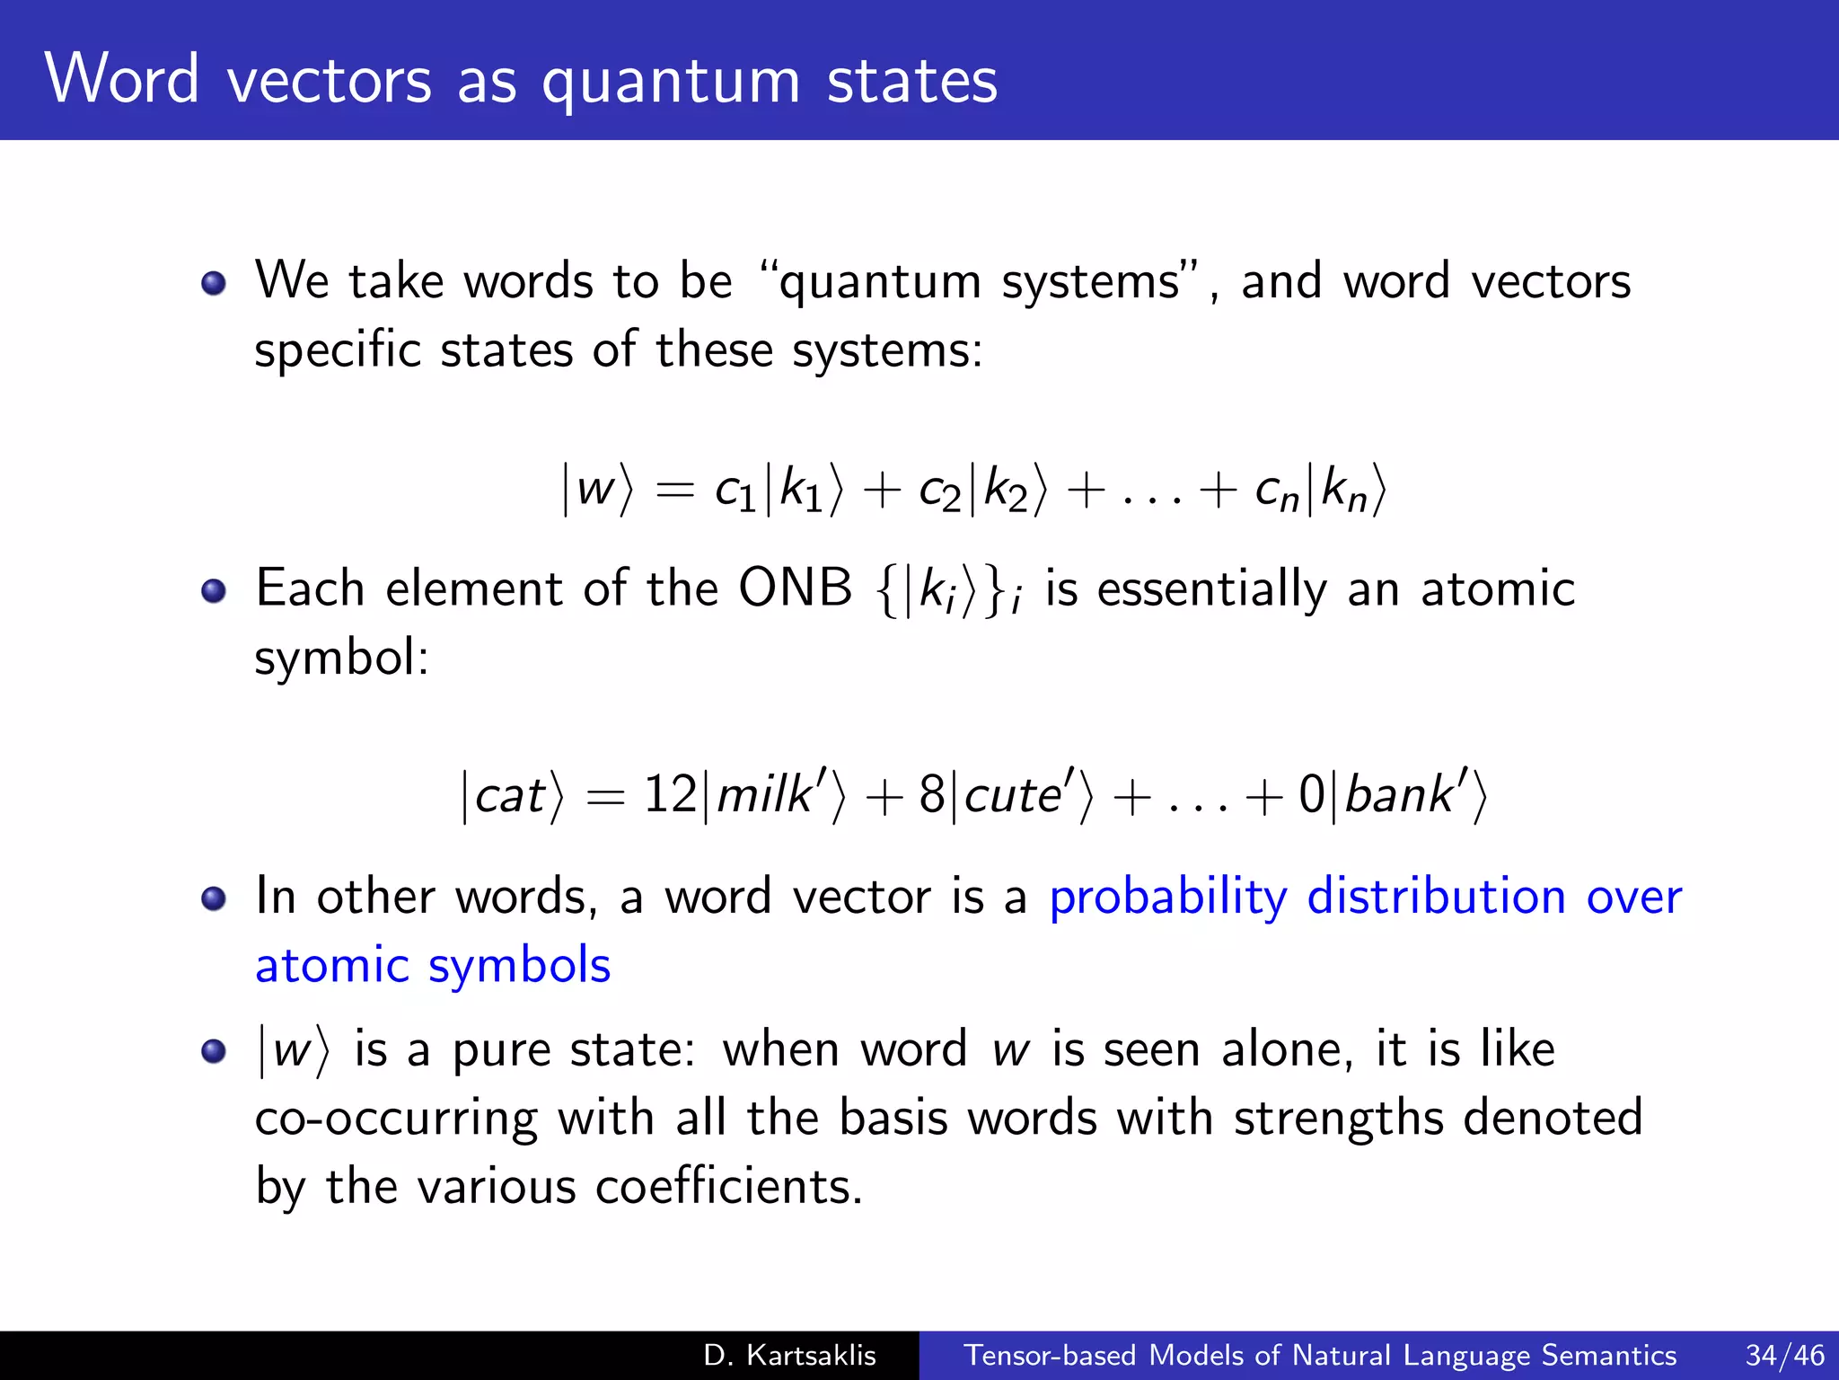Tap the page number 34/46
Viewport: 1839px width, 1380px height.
click(1784, 1355)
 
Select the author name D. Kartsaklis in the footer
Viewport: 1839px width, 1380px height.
click(789, 1355)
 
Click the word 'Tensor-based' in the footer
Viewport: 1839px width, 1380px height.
click(1050, 1355)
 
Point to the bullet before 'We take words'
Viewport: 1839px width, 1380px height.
click(214, 284)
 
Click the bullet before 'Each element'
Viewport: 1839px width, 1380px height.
click(214, 591)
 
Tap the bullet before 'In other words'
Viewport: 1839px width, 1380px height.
click(214, 898)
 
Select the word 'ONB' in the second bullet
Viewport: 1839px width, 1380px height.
click(795, 589)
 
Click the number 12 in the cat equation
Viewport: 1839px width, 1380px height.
click(670, 794)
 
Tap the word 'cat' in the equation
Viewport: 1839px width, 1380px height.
click(509, 796)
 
